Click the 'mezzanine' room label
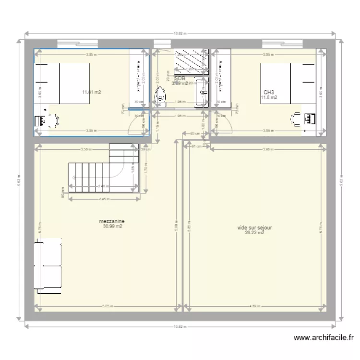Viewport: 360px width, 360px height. tap(112, 221)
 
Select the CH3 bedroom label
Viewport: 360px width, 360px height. tap(268, 92)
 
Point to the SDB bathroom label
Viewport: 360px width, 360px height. tap(180, 78)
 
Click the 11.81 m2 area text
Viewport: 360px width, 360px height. tap(91, 92)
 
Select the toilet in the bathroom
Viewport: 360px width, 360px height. tap(160, 98)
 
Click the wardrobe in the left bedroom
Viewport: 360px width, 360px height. tap(140, 77)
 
